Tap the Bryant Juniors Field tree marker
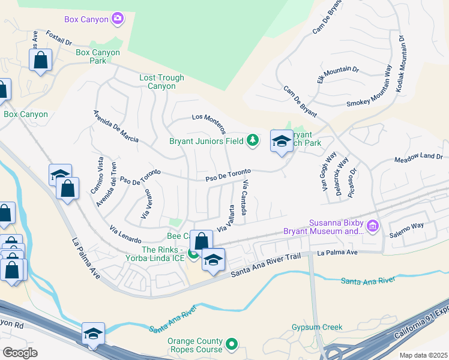pyautogui.click(x=253, y=140)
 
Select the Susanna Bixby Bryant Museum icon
pyautogui.click(x=373, y=226)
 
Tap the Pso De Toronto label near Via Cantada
pyautogui.click(x=228, y=176)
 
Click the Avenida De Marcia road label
pyautogui.click(x=115, y=127)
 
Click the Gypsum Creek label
pyautogui.click(x=317, y=327)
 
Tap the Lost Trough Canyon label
pyautogui.click(x=157, y=82)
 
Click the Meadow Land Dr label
pyautogui.click(x=418, y=158)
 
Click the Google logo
pyautogui.click(x=20, y=353)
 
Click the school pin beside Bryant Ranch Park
pyautogui.click(x=282, y=142)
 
